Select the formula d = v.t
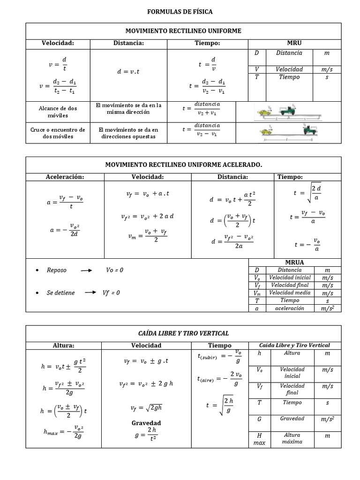(x=128, y=72)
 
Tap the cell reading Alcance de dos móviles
(x=58, y=112)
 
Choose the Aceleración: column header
(x=65, y=177)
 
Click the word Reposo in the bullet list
(x=57, y=270)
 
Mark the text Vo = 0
(x=115, y=270)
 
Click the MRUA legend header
(x=294, y=262)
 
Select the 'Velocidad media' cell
(x=290, y=292)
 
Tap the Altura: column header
(x=64, y=345)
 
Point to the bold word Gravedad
(x=146, y=422)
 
